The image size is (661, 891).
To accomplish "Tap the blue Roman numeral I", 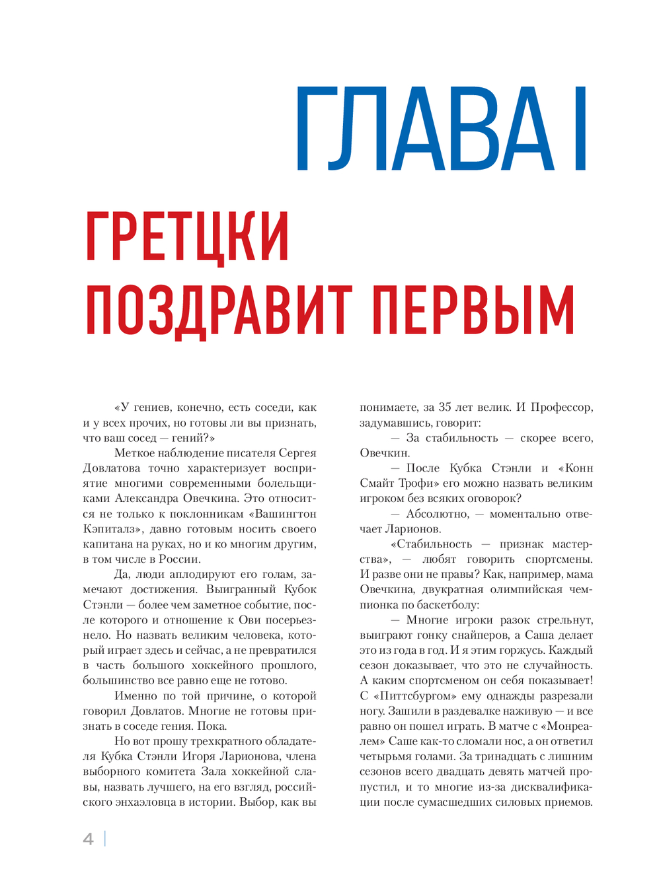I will click(x=580, y=129).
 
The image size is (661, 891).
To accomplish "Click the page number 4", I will click(x=88, y=839).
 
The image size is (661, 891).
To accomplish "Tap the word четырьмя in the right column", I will click(x=386, y=756).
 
